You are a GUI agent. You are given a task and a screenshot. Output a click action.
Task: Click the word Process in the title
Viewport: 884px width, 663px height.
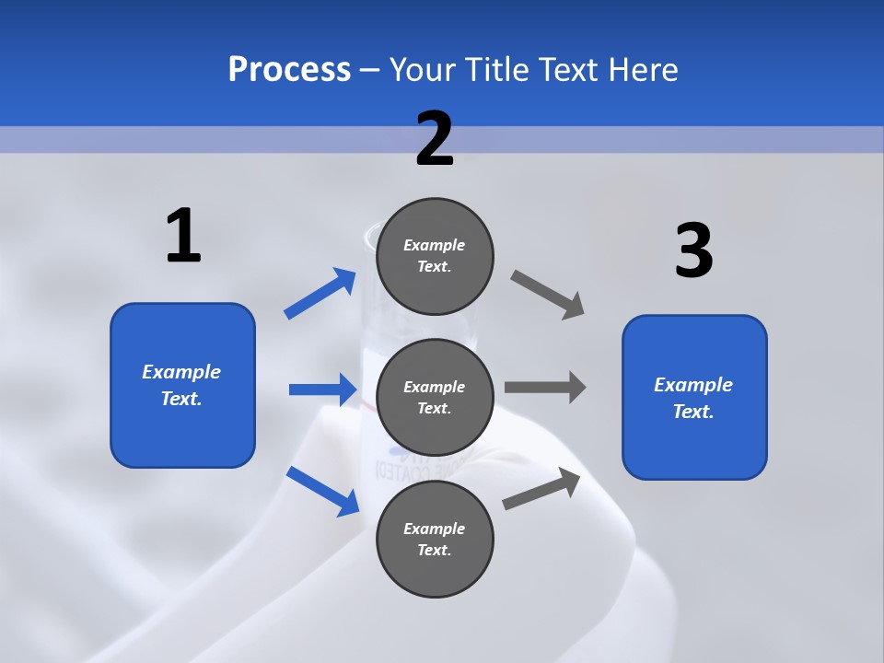point(289,69)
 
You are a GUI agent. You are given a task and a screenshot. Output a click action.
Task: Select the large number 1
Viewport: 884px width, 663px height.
point(183,236)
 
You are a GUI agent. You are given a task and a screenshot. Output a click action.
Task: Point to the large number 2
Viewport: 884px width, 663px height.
point(435,139)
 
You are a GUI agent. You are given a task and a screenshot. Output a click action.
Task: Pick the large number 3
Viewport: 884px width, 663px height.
point(693,250)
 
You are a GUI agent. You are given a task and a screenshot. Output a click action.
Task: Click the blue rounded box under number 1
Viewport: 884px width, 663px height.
point(182,385)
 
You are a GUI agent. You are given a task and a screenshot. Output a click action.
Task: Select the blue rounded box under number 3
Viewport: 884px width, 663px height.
point(694,398)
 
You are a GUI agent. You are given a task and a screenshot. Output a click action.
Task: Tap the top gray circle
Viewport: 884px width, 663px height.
point(435,256)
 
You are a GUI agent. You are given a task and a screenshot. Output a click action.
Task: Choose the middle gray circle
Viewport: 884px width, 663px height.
point(435,398)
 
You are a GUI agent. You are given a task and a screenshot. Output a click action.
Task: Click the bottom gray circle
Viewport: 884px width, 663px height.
point(435,540)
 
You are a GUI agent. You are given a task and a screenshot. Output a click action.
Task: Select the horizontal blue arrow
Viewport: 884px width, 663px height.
point(322,390)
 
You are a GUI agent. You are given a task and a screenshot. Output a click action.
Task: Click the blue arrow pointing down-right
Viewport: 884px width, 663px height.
point(323,491)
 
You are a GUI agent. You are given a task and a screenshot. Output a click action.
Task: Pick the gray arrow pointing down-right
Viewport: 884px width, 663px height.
point(548,295)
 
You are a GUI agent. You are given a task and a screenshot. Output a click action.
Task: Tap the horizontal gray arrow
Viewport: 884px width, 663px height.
point(545,387)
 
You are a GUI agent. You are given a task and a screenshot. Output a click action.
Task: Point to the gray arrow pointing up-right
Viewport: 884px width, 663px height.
point(541,489)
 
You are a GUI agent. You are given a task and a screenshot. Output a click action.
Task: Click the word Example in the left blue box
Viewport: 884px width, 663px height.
point(181,372)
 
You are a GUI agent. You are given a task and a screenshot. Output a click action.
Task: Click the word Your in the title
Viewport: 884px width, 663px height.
point(419,69)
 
